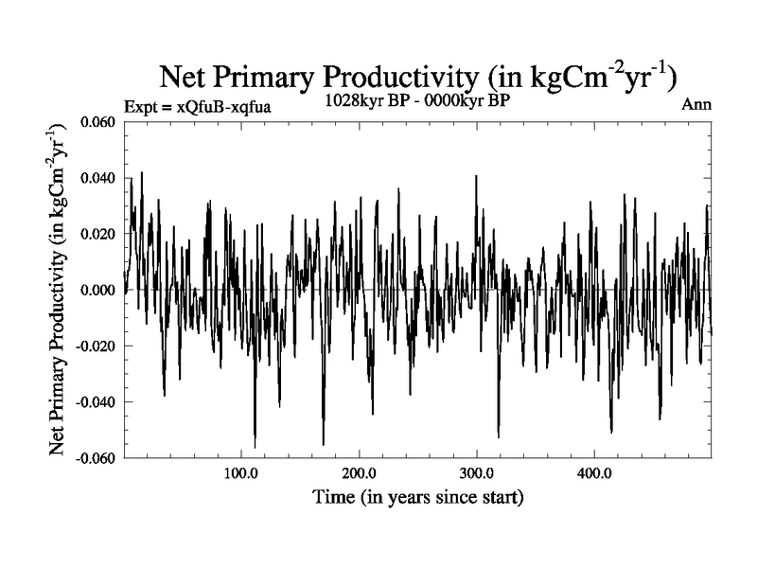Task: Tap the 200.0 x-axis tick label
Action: [x=359, y=472]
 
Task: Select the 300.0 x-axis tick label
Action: [x=476, y=472]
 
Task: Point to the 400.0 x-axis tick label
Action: [x=593, y=472]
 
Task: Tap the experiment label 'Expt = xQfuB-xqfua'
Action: [x=198, y=106]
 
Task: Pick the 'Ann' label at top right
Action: [x=695, y=105]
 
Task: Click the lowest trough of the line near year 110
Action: [x=255, y=447]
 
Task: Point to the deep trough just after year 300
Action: [x=498, y=436]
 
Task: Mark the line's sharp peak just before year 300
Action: [x=476, y=176]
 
